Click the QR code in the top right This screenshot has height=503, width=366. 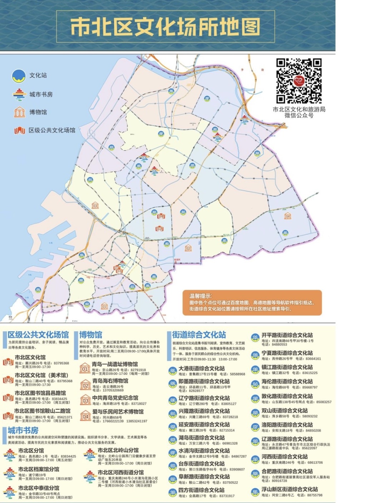[x=299, y=81]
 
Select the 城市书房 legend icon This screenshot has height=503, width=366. [x=19, y=94]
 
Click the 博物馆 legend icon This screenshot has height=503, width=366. [x=19, y=112]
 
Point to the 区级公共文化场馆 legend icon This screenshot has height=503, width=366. [x=19, y=130]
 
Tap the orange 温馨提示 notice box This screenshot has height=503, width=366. [x=252, y=302]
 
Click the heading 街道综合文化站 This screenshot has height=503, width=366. [x=199, y=335]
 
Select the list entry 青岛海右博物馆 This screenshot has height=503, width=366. [x=110, y=381]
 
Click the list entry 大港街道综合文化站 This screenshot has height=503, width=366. [x=202, y=368]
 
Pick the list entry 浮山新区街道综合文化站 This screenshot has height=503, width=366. [x=290, y=489]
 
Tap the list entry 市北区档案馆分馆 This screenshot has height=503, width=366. [x=39, y=469]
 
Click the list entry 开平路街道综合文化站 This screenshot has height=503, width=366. [x=287, y=335]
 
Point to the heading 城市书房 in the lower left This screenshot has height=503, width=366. [x=23, y=430]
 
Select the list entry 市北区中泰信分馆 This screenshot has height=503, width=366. [x=39, y=488]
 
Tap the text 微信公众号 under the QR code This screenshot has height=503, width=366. [x=299, y=115]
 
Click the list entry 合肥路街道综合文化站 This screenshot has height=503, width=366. [x=287, y=471]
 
